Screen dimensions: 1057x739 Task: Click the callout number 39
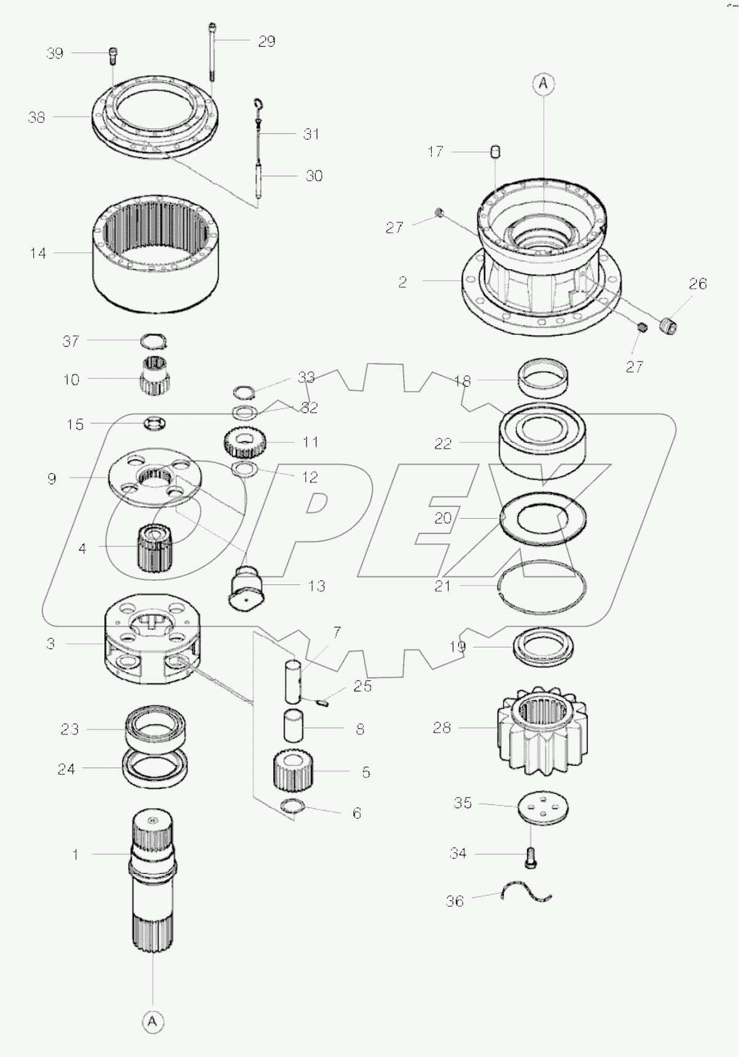(55, 53)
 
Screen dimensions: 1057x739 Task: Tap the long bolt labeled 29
(213, 52)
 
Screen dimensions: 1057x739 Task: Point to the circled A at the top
(544, 84)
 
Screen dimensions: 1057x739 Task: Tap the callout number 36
(455, 902)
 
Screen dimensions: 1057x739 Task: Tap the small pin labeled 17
(496, 151)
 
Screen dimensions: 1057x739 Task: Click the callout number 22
(443, 444)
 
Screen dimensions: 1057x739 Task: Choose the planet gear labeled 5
(294, 771)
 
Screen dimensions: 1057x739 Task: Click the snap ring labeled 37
(153, 340)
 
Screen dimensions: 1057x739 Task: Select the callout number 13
(316, 586)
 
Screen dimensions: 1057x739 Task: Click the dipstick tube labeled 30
(260, 178)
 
